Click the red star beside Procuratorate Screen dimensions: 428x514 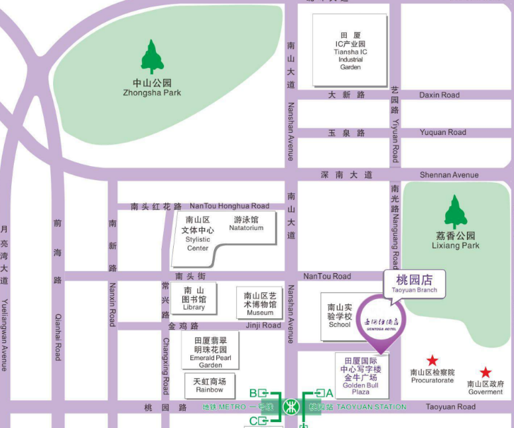432,361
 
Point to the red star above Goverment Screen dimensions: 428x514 485,373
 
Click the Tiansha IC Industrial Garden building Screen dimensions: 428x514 350,50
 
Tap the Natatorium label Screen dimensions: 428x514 246,223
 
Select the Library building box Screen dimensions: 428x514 194,299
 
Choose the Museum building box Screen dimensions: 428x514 260,304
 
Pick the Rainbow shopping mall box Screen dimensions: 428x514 209,385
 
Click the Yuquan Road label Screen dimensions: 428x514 442,132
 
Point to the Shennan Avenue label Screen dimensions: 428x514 448,175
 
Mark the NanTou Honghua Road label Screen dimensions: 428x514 229,206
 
